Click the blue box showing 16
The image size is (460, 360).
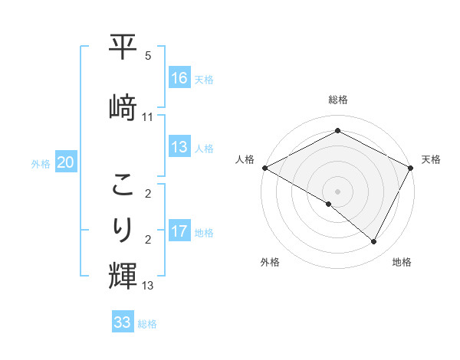click(179, 78)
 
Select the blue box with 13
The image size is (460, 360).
click(179, 147)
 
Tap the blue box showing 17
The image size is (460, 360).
click(179, 231)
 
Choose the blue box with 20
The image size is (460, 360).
click(66, 162)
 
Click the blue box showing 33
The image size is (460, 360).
click(123, 322)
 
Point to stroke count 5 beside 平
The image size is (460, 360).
click(147, 56)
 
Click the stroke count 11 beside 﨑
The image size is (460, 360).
click(148, 117)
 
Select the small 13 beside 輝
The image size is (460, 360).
click(148, 286)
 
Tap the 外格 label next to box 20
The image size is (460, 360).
click(41, 163)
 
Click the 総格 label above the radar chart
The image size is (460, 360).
click(338, 100)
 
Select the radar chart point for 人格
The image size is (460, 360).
click(264, 168)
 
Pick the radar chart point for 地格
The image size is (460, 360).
click(374, 242)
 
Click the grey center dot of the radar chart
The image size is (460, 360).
click(337, 191)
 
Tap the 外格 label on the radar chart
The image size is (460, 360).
click(270, 262)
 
